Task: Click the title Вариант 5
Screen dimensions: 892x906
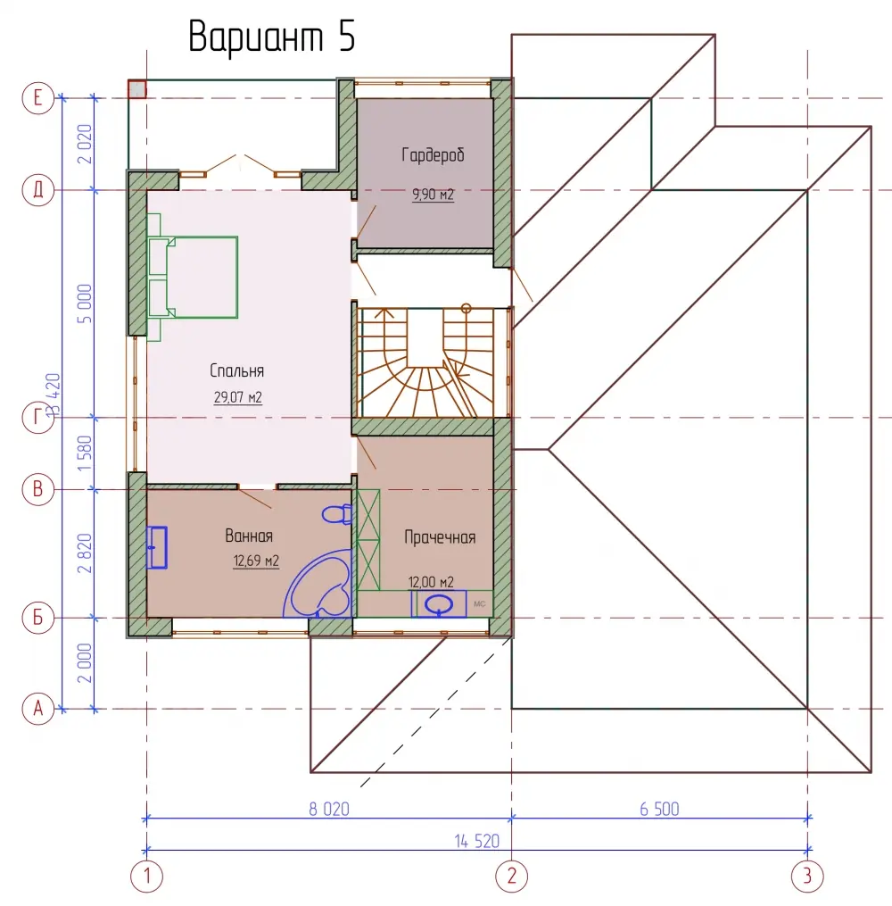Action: click(x=271, y=37)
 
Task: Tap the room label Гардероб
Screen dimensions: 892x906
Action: click(x=433, y=154)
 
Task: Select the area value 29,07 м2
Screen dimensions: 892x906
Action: click(x=238, y=397)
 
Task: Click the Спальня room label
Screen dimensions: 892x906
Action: click(x=236, y=370)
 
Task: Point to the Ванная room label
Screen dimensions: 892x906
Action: click(x=249, y=536)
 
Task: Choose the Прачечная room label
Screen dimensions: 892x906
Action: click(x=440, y=537)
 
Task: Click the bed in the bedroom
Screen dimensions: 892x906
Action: click(x=193, y=277)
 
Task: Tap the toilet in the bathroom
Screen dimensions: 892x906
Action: click(x=337, y=513)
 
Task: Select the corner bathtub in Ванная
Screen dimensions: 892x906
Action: click(x=319, y=584)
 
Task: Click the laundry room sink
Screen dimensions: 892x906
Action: click(x=439, y=604)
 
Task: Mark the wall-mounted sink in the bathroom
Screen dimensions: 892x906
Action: click(x=156, y=547)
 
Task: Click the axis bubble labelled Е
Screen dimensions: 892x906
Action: click(x=38, y=97)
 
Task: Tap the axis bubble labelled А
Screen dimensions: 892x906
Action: click(x=38, y=709)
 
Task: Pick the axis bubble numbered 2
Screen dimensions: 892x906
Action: click(x=511, y=876)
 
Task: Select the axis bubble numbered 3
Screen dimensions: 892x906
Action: click(x=807, y=876)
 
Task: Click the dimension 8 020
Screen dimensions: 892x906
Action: click(x=329, y=809)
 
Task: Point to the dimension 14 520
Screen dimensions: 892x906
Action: click(x=477, y=841)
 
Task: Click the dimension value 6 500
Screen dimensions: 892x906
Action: click(x=659, y=809)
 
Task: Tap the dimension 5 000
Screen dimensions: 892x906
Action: click(x=84, y=303)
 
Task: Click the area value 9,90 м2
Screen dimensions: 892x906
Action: click(x=433, y=195)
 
